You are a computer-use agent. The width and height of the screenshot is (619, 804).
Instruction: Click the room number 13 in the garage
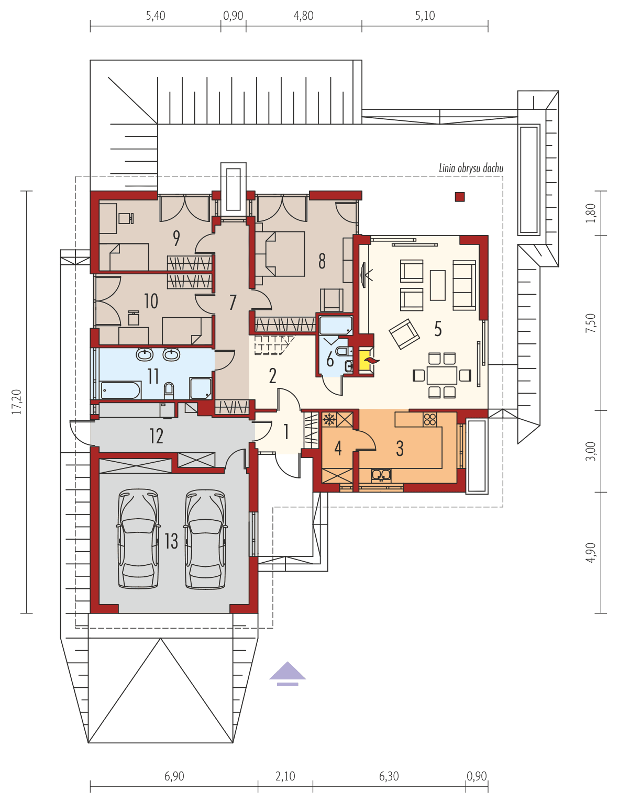point(171,541)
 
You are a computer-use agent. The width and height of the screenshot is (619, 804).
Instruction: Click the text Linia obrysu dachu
point(471,169)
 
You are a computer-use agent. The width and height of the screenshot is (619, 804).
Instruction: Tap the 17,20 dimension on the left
point(17,402)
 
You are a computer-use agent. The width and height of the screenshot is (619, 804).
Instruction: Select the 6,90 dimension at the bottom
point(174,776)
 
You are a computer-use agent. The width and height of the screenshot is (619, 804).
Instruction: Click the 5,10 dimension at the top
point(425,16)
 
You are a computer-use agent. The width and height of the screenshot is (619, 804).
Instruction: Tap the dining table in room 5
point(441,375)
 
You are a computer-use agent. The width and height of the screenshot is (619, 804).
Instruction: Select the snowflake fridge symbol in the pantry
point(329,419)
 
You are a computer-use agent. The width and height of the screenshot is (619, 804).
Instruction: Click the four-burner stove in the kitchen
point(429,419)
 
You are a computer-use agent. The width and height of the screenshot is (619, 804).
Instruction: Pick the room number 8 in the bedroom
point(322,261)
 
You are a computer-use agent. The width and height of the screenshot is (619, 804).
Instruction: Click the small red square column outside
point(459,197)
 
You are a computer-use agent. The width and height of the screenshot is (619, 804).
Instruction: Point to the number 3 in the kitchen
point(400,448)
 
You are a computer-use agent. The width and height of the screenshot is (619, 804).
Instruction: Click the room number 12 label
point(156,435)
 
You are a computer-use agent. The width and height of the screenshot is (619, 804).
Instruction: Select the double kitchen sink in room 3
point(381,475)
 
